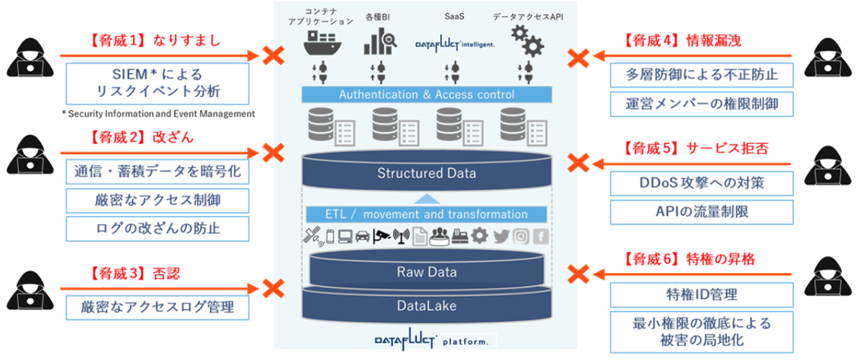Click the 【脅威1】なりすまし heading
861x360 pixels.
[156, 41]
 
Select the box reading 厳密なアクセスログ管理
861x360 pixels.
[157, 308]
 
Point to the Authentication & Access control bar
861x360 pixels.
[426, 94]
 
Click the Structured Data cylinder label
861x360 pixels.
[426, 173]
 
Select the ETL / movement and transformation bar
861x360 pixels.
[426, 214]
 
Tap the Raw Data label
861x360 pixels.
[426, 272]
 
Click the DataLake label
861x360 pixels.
[426, 306]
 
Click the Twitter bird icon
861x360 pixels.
[502, 236]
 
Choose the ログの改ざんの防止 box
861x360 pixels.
[157, 228]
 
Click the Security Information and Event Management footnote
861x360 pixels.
[158, 114]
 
